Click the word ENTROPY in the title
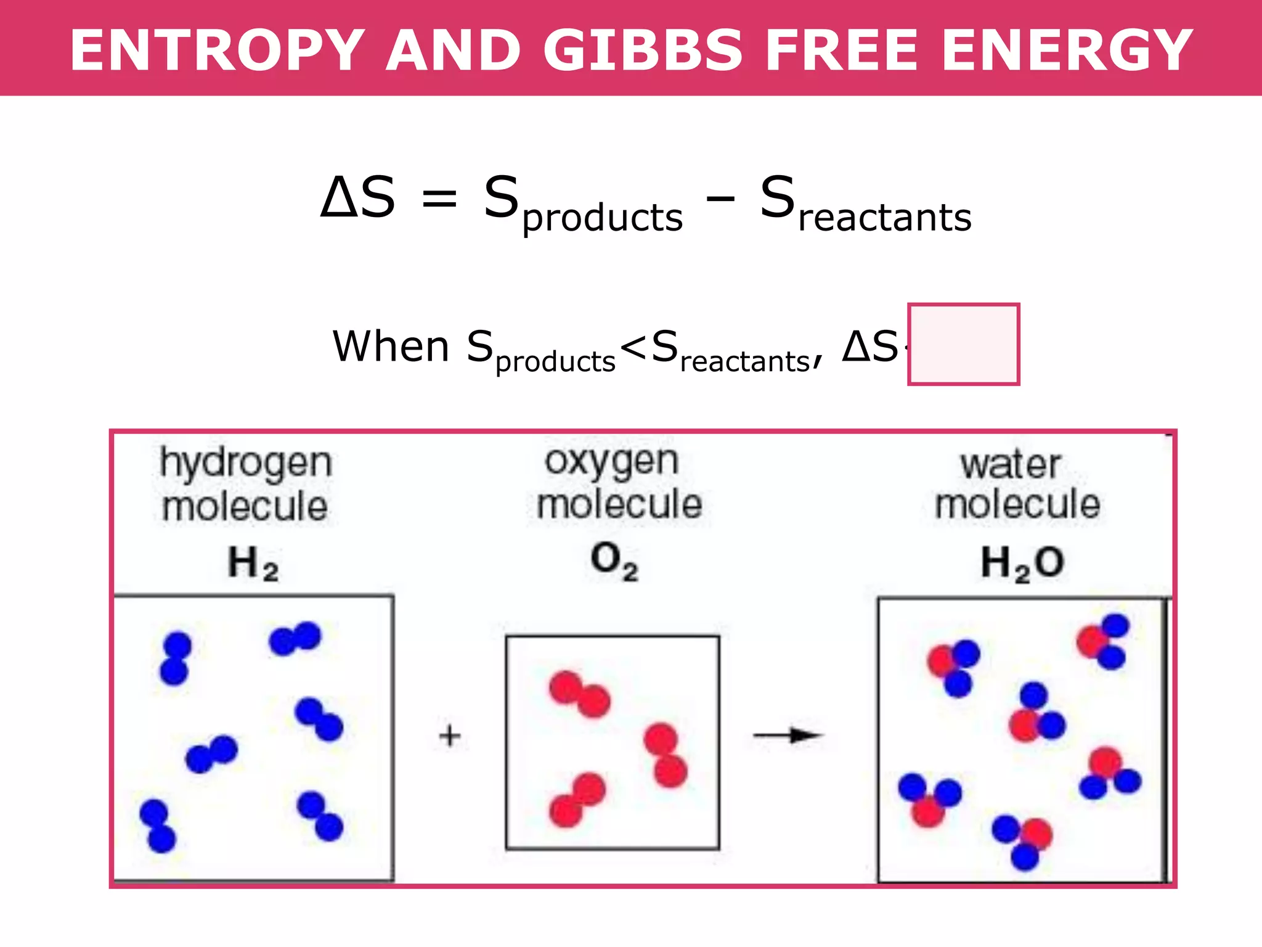click(x=217, y=51)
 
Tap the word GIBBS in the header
click(x=643, y=51)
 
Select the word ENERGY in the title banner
click(x=1067, y=51)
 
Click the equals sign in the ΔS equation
click(x=439, y=199)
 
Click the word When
click(x=391, y=346)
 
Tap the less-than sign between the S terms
click(x=633, y=346)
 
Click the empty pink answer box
click(x=963, y=344)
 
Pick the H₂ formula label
click(x=253, y=564)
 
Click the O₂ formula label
click(x=614, y=561)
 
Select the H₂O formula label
click(x=1022, y=564)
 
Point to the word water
click(x=1011, y=465)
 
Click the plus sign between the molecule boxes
click(x=450, y=736)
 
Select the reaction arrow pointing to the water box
click(x=789, y=735)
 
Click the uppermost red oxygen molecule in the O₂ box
click(x=579, y=694)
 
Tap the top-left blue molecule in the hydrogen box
click(x=176, y=658)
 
